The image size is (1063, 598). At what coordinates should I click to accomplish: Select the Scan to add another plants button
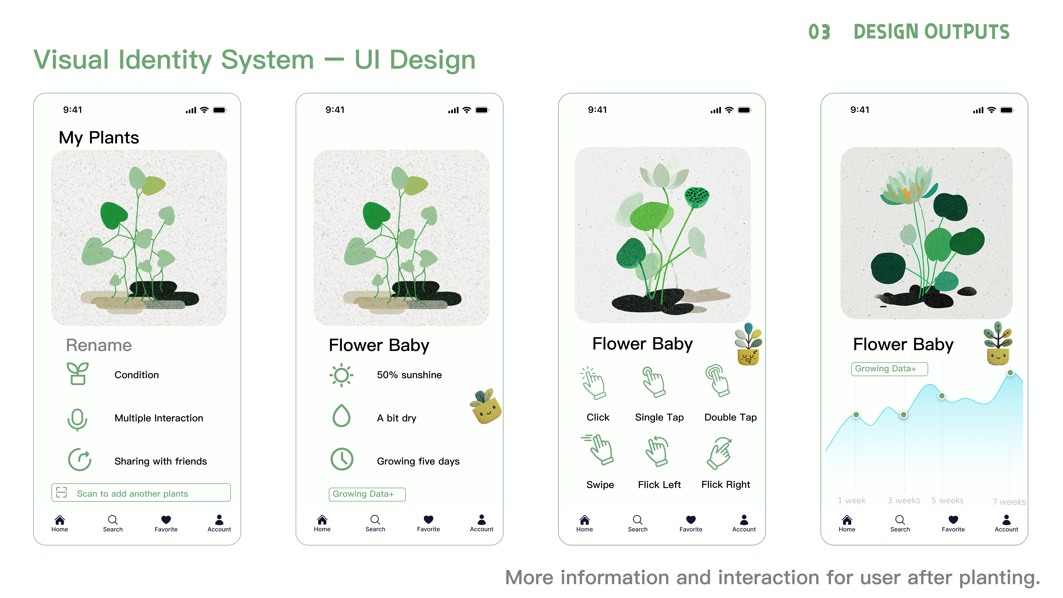141,493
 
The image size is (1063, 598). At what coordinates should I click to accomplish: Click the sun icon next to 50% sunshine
341,375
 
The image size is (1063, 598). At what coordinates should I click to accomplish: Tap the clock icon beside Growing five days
342,459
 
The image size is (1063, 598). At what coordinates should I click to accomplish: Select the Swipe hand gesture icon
598,449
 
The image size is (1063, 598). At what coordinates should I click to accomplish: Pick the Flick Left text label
659,485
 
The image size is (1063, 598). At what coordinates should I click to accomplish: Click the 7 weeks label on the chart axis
1009,502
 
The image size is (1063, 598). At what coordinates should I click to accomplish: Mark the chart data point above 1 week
856,415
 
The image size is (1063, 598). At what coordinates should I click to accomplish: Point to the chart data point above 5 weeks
942,396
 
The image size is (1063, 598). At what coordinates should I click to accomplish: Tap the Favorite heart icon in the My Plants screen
166,520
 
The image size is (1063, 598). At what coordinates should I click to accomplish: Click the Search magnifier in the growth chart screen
900,520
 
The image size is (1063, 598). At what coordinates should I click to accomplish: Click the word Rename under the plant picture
99,346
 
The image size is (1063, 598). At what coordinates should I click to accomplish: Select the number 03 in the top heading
819,32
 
